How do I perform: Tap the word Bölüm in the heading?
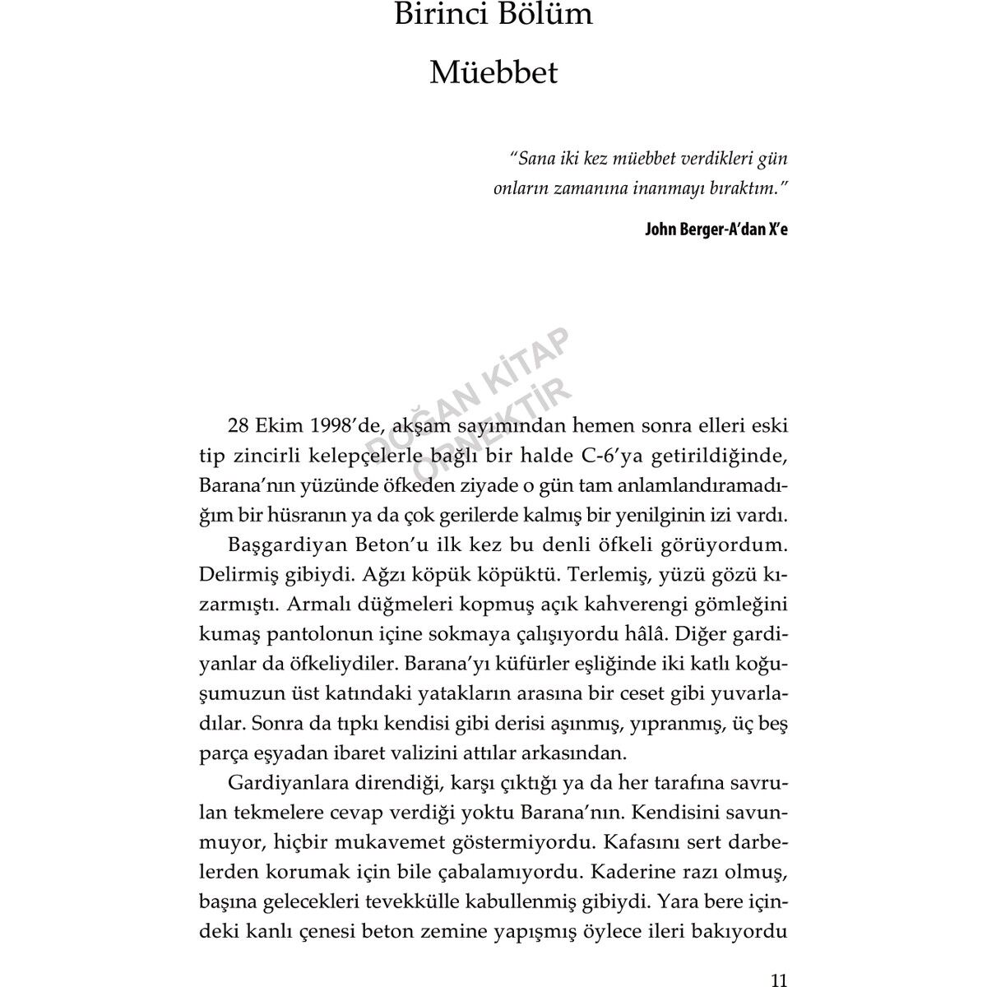pyautogui.click(x=547, y=15)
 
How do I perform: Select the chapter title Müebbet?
pyautogui.click(x=493, y=72)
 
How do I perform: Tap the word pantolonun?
pyautogui.click(x=308, y=634)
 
